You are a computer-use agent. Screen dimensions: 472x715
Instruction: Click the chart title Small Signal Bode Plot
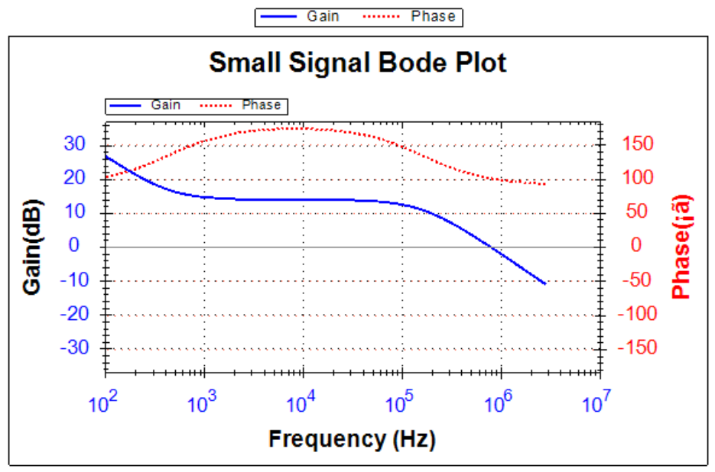click(357, 63)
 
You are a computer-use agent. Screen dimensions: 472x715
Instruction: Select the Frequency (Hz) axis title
click(351, 439)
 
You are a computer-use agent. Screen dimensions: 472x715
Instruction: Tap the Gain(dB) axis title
click(32, 247)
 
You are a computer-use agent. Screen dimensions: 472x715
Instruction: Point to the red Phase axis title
click(681, 247)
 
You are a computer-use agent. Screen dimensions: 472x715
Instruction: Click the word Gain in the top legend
click(323, 16)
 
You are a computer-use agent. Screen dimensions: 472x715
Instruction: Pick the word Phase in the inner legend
click(262, 105)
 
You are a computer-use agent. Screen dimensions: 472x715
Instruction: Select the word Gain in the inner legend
click(166, 105)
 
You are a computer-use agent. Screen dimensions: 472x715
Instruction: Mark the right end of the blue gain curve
click(545, 283)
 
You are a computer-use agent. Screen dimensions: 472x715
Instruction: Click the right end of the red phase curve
click(545, 184)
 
